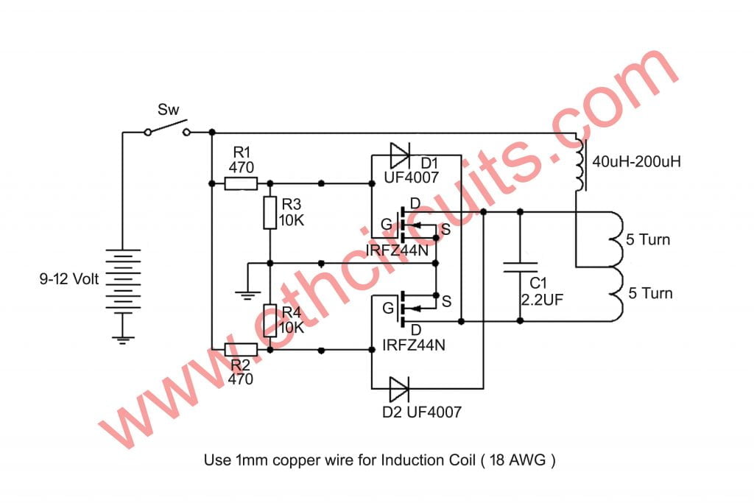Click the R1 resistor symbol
click(241, 183)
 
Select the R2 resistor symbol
click(241, 350)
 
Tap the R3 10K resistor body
click(269, 212)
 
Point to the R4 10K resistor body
click(269, 321)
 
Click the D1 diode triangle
click(400, 155)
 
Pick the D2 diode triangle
click(399, 389)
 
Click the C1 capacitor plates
click(520, 267)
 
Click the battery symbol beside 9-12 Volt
click(123, 279)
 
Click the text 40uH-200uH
click(637, 161)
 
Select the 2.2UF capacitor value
click(542, 300)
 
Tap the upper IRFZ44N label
click(397, 250)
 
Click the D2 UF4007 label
click(422, 412)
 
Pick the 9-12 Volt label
click(68, 279)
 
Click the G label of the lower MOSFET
click(388, 308)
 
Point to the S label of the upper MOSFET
click(445, 230)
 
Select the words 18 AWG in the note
click(518, 460)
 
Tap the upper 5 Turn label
click(648, 239)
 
